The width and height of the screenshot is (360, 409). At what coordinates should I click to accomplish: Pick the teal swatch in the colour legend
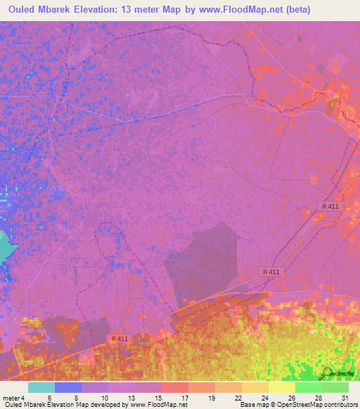click(41, 387)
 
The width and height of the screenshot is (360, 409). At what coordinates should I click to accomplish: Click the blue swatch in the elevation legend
click(68, 387)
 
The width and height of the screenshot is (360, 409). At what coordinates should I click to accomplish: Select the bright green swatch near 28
click(309, 387)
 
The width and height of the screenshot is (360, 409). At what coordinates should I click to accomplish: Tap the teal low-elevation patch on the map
click(6, 246)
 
